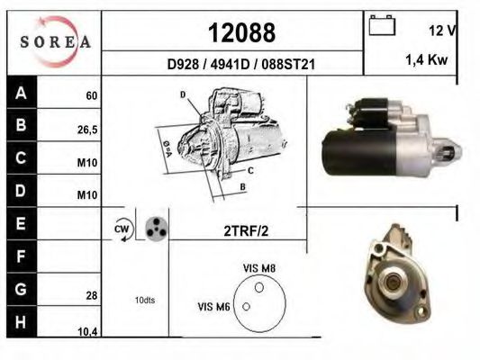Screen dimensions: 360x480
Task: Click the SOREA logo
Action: click(55, 40)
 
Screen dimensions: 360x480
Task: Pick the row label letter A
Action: click(20, 93)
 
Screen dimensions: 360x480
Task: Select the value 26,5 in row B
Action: click(87, 129)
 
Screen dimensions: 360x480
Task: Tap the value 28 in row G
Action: click(91, 294)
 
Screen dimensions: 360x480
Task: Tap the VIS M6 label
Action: click(213, 307)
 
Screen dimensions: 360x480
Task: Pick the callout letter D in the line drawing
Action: click(182, 94)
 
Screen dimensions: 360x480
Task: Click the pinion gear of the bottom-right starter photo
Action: click(391, 284)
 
